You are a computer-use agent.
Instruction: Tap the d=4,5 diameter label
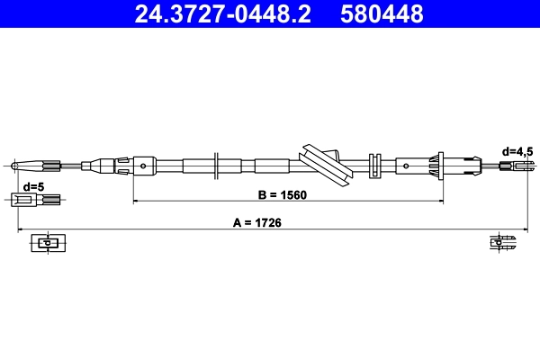click(517, 151)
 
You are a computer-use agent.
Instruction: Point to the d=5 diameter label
click(33, 186)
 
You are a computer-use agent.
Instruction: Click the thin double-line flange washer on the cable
click(217, 166)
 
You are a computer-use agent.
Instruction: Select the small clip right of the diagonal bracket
click(374, 166)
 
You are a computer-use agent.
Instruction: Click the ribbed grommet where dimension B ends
click(440, 166)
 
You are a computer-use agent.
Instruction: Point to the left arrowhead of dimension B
click(137, 201)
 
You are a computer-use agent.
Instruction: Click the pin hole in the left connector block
click(143, 165)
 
